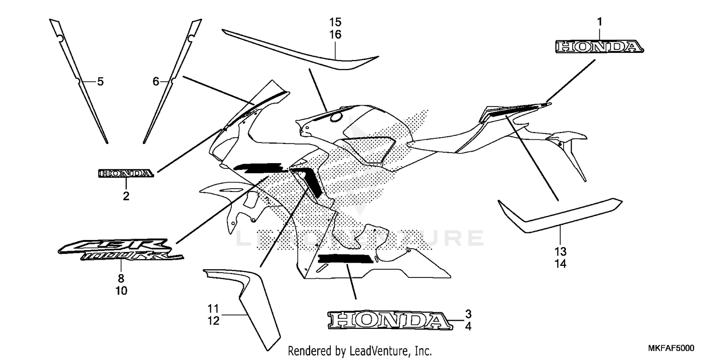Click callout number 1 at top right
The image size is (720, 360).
(x=600, y=22)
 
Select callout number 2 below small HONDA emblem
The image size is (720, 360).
(x=126, y=196)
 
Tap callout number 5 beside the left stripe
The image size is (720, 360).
(x=101, y=82)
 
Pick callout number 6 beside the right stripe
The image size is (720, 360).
(x=156, y=82)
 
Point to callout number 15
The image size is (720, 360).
(x=335, y=22)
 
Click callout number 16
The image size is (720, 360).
(x=335, y=35)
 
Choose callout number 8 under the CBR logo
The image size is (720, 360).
(x=121, y=278)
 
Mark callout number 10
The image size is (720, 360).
(x=121, y=290)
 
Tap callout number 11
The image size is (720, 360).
(x=213, y=309)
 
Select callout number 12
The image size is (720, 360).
(x=213, y=321)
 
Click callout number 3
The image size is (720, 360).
(x=468, y=314)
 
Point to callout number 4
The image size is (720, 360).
(x=468, y=326)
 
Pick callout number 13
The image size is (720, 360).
(x=560, y=252)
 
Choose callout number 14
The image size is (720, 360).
(x=560, y=264)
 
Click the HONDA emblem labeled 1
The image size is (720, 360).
(x=600, y=47)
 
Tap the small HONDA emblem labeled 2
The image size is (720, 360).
(x=126, y=174)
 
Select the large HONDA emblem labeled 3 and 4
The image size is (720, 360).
(x=390, y=321)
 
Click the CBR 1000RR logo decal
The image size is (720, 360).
(x=120, y=250)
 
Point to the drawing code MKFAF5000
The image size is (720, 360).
(x=671, y=348)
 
